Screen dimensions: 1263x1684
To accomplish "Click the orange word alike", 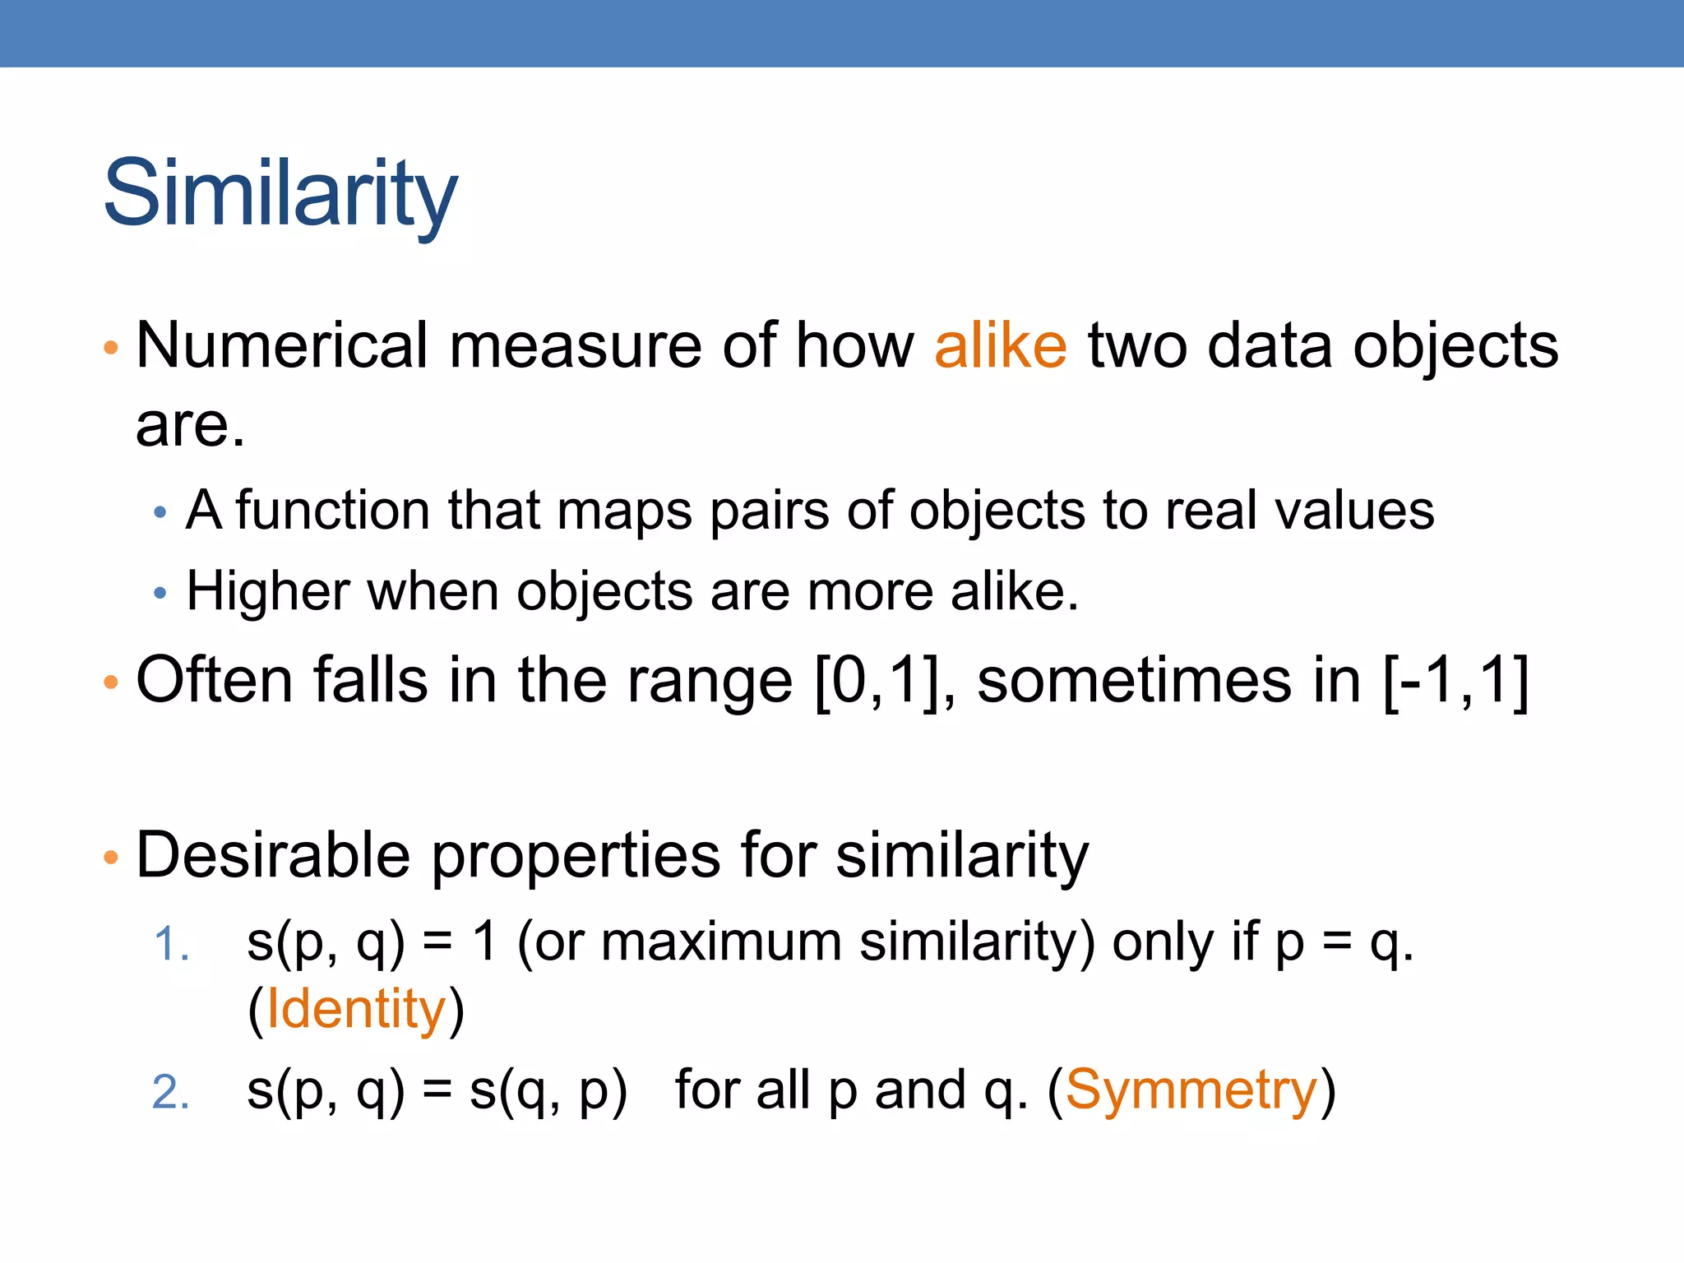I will pos(1000,345).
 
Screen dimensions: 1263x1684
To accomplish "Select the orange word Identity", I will pos(356,1010).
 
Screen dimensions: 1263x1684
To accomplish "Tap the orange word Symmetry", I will pos(1191,1090).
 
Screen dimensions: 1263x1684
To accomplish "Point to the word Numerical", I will pos(281,345).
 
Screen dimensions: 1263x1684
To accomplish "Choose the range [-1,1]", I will pos(1456,681).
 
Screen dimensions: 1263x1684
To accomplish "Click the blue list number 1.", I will pos(171,944).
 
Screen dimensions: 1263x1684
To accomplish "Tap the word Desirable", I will pos(273,855).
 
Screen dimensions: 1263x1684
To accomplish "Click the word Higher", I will pos(267,592).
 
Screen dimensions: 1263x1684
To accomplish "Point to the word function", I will pos(332,511).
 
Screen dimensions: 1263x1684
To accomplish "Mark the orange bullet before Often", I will pos(111,682).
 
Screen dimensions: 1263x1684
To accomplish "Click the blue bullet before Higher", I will pos(160,592).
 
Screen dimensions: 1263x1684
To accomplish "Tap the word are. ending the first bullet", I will pos(190,426).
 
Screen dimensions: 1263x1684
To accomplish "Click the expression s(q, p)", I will pos(548,1092).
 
